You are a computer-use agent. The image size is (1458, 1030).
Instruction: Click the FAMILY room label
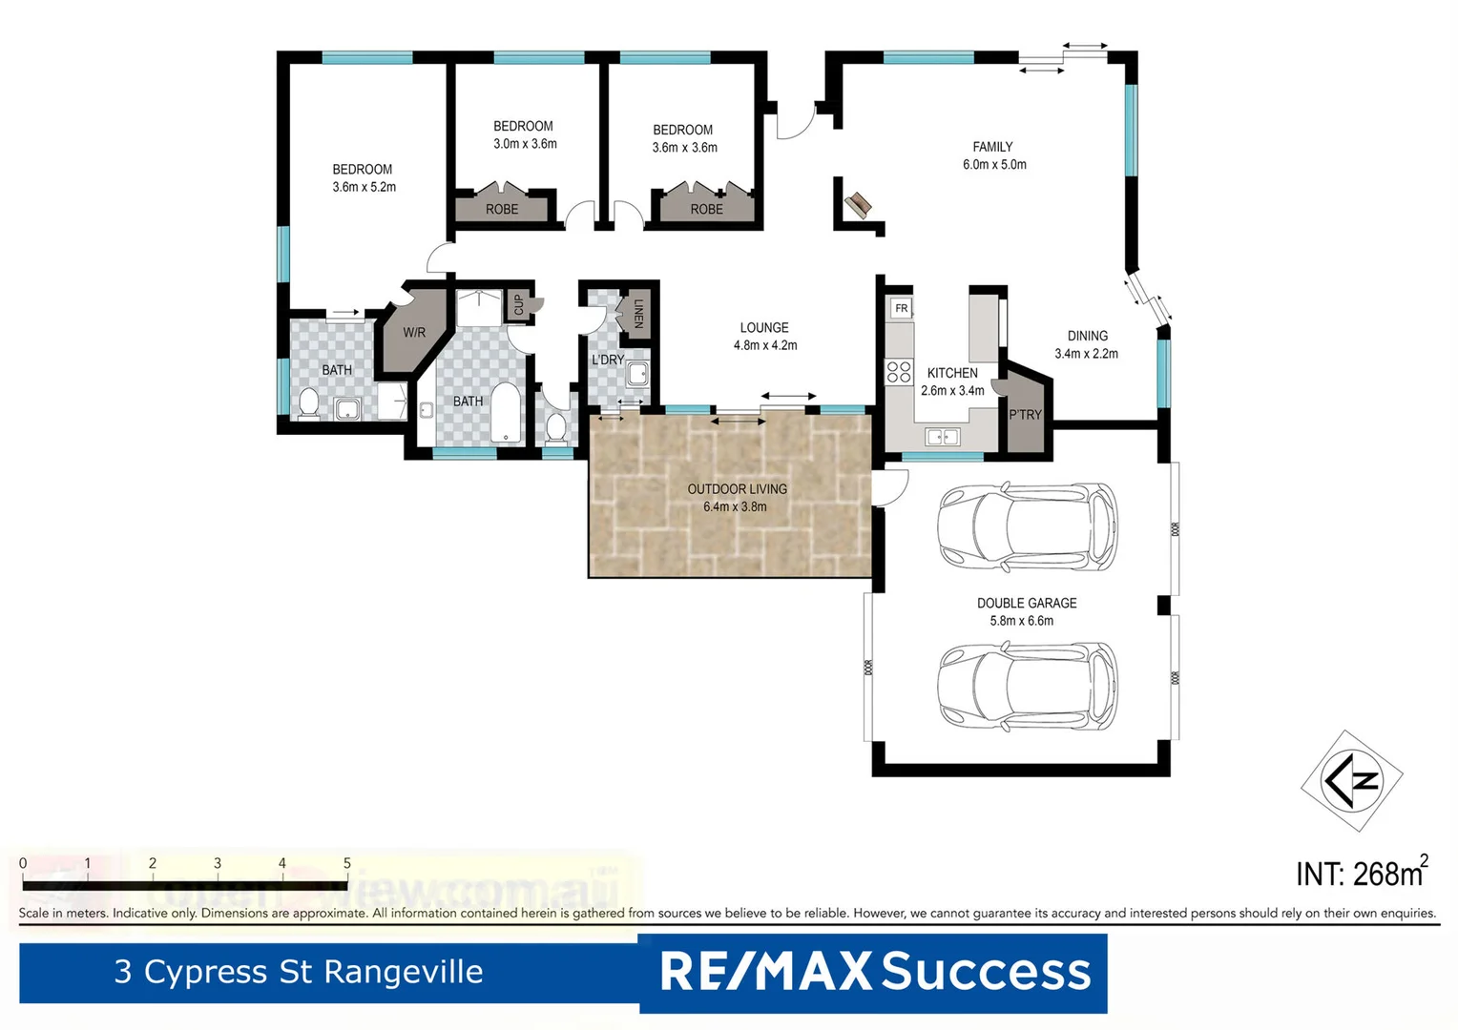click(x=992, y=147)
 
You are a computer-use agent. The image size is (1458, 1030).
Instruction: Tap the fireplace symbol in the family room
click(x=858, y=203)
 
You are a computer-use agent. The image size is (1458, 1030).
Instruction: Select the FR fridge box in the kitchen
click(x=901, y=308)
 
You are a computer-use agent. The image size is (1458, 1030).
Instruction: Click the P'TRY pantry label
click(x=1025, y=415)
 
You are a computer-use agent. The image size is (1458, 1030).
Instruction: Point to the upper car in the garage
click(x=1027, y=527)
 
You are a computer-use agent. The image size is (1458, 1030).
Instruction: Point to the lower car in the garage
click(x=1027, y=686)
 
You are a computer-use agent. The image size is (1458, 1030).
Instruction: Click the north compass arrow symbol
click(x=1352, y=781)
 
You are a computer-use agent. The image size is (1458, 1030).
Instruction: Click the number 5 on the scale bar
click(x=346, y=863)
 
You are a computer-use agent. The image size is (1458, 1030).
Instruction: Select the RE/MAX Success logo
click(x=874, y=972)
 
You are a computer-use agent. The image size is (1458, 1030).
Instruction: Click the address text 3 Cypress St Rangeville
click(x=299, y=972)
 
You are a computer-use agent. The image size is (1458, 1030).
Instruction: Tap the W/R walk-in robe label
click(x=414, y=333)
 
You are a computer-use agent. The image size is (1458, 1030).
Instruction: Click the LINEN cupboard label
click(x=638, y=313)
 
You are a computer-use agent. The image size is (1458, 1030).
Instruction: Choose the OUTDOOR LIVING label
click(x=737, y=489)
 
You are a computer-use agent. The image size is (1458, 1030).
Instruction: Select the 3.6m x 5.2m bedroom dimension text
click(x=364, y=187)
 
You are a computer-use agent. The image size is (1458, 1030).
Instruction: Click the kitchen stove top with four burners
click(x=899, y=372)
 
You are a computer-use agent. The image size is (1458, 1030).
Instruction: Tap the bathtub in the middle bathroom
click(x=505, y=413)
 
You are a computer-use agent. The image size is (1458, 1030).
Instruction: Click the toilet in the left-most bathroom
click(x=308, y=404)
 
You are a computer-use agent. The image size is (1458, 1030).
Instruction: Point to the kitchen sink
click(x=943, y=437)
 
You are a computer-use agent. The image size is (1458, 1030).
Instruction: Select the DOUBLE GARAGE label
click(x=1027, y=603)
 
